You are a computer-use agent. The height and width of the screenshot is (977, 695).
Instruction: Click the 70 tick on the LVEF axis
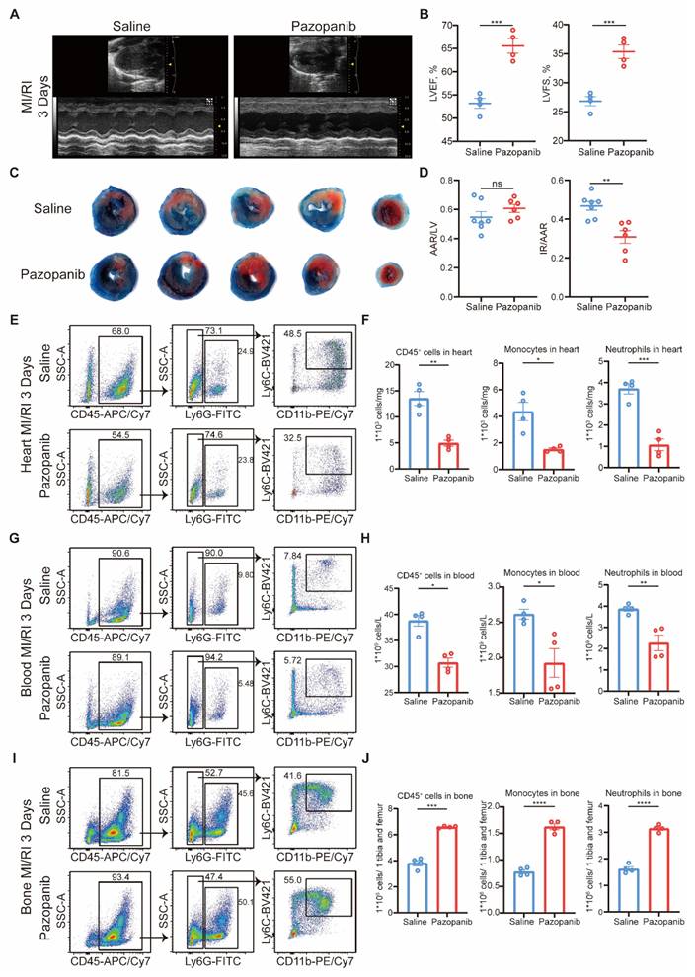(x=452, y=26)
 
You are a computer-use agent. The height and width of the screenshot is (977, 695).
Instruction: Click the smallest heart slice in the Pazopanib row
(x=386, y=272)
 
